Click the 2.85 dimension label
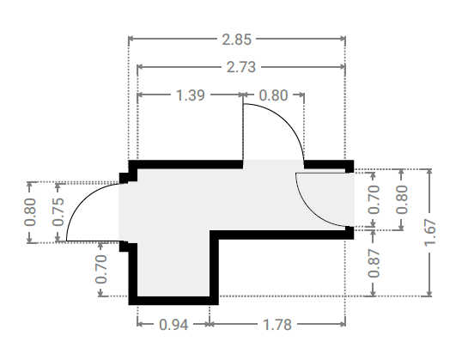[237, 40]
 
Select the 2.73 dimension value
[241, 67]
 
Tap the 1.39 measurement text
[190, 95]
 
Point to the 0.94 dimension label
[173, 325]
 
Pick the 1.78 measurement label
[277, 325]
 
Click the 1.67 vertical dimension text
[430, 232]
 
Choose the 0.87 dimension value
[374, 263]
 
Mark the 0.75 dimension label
[58, 211]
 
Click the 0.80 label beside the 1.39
[273, 95]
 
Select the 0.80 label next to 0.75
[30, 212]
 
